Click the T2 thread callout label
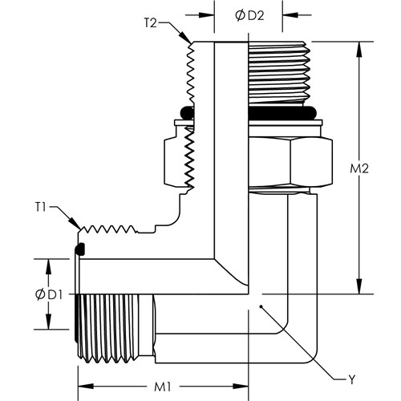(x=151, y=22)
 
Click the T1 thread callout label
(x=41, y=207)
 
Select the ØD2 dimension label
(x=249, y=16)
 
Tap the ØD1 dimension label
(x=49, y=295)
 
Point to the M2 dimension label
(x=359, y=168)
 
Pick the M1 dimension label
(x=163, y=387)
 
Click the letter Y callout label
(x=352, y=379)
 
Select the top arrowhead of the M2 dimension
(x=359, y=49)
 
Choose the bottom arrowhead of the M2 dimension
(x=359, y=287)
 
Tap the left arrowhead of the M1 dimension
(x=86, y=387)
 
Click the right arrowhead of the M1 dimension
(x=241, y=387)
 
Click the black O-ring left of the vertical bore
(x=187, y=112)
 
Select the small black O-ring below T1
(x=80, y=249)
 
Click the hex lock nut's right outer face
(x=311, y=162)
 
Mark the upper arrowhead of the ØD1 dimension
(x=48, y=266)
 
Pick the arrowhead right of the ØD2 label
(x=290, y=15)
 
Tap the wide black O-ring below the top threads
(x=282, y=112)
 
